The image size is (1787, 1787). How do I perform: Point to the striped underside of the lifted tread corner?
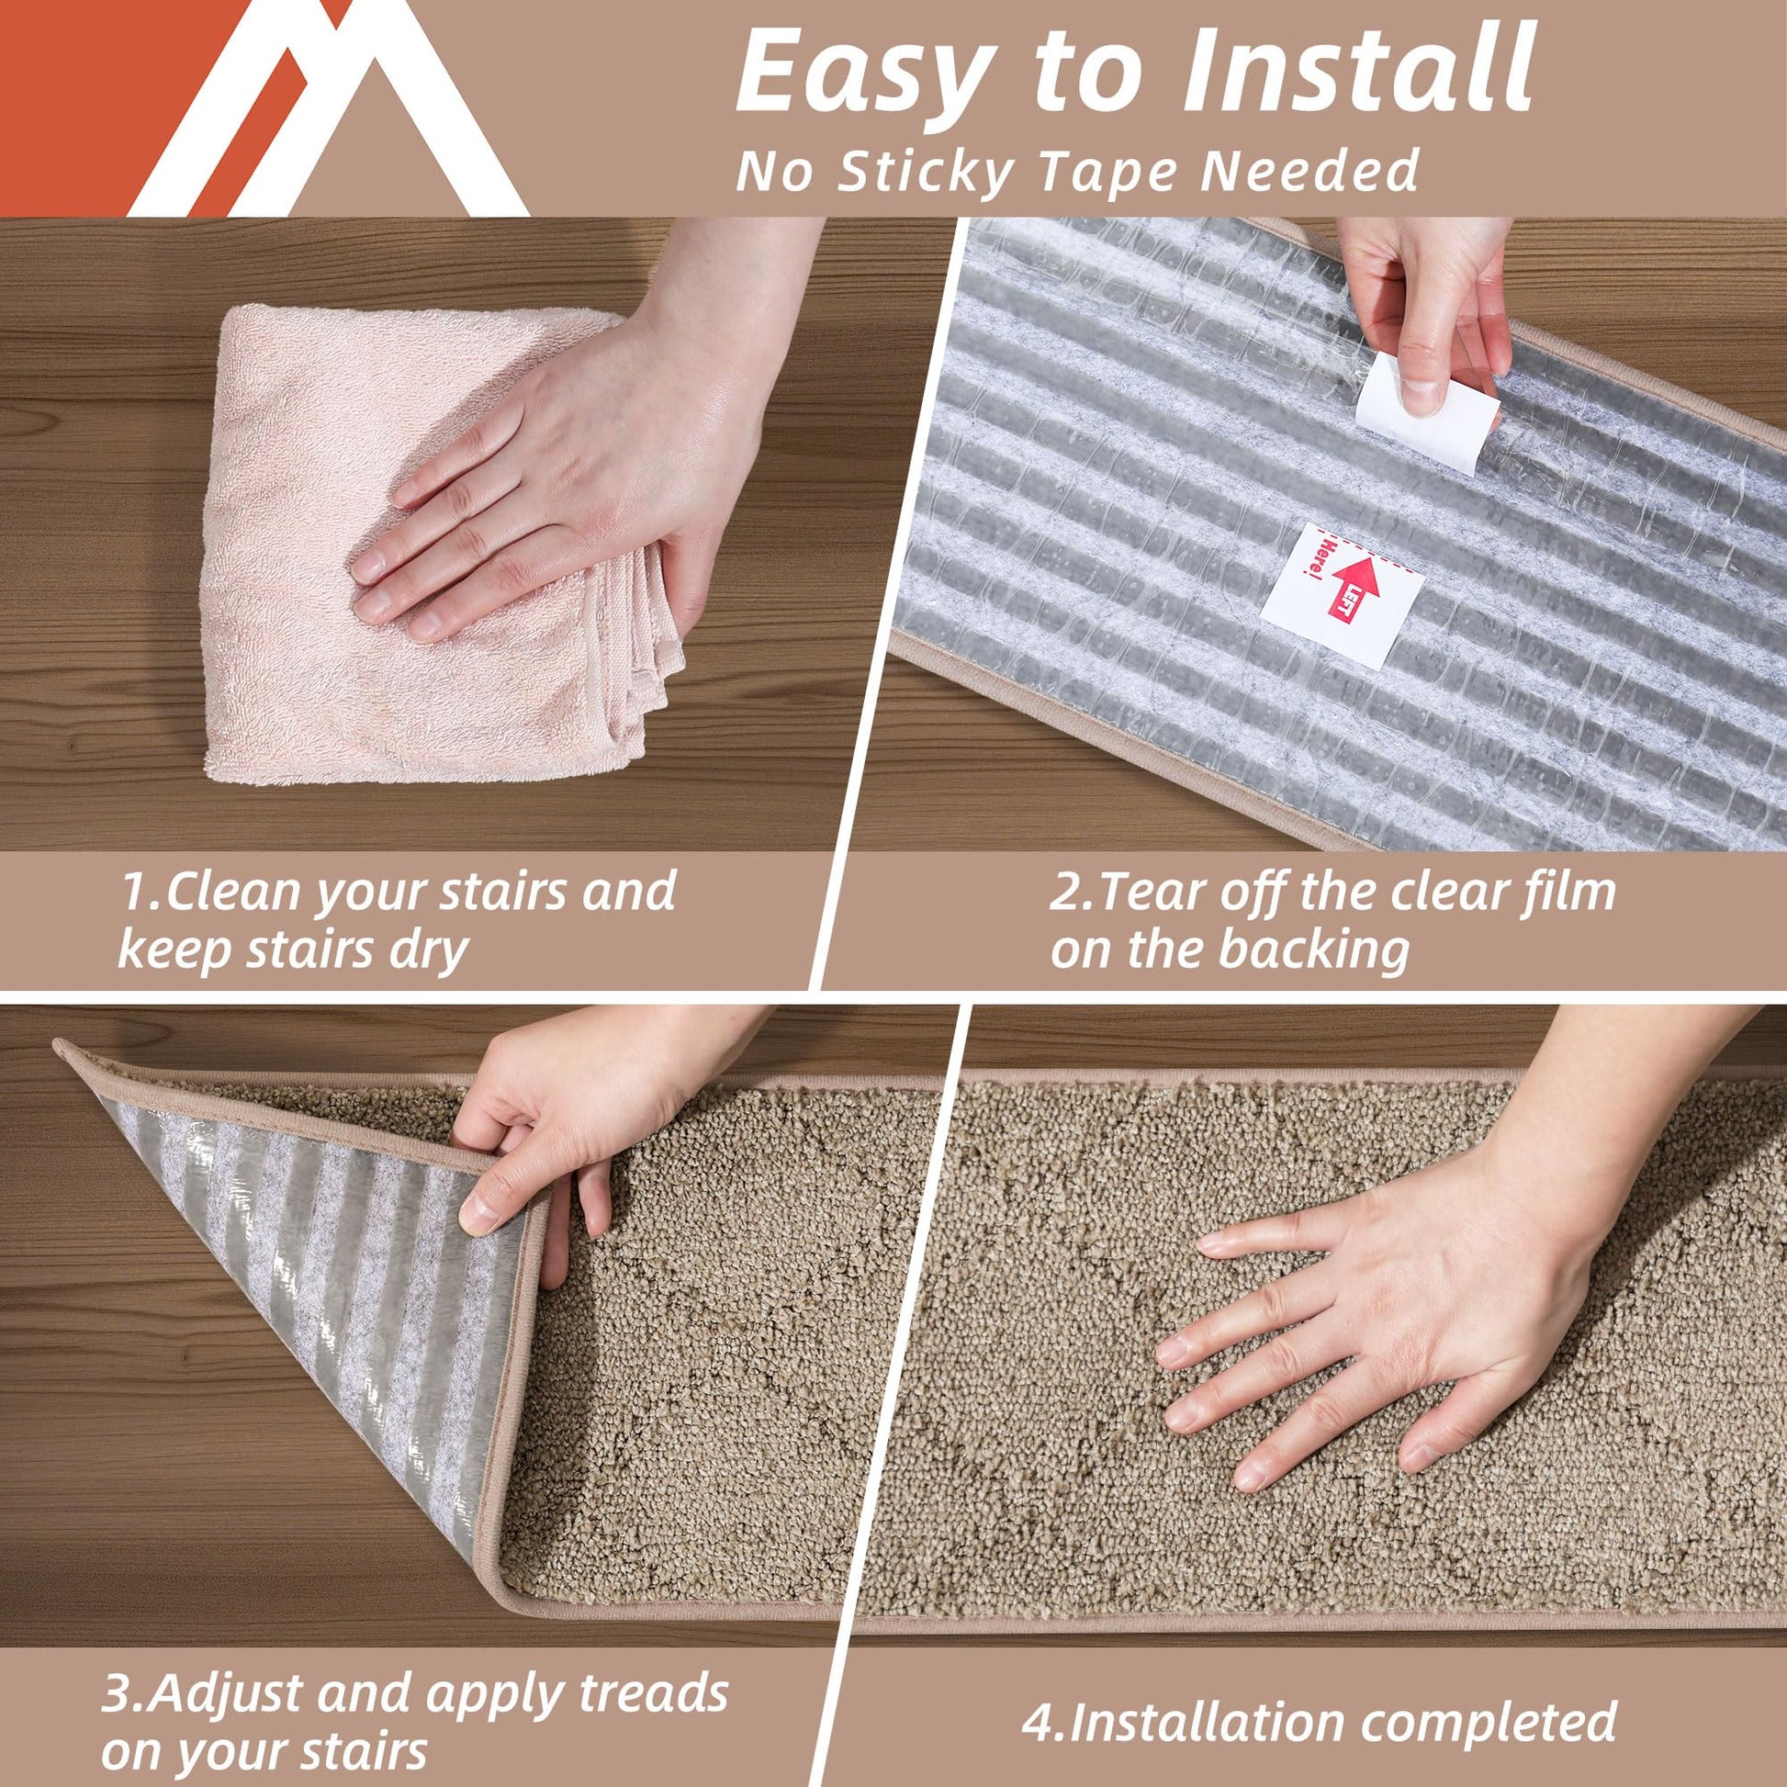pos(314,1267)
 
